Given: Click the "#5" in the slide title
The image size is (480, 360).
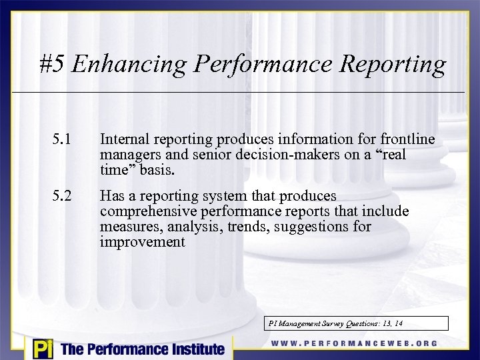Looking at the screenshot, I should (x=52, y=65).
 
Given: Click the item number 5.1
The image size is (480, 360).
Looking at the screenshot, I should (x=61, y=139).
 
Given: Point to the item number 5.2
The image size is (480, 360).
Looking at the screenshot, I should (x=61, y=196).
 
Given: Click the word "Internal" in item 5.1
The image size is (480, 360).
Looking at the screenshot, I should (x=125, y=139).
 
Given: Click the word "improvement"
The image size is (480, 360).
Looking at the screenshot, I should (x=142, y=242).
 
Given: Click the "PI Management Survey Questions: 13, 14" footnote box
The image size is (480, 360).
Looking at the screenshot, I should (x=357, y=323).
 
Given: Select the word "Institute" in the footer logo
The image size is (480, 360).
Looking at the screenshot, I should (x=194, y=349).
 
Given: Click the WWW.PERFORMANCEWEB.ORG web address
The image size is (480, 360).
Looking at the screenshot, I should (x=355, y=344).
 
